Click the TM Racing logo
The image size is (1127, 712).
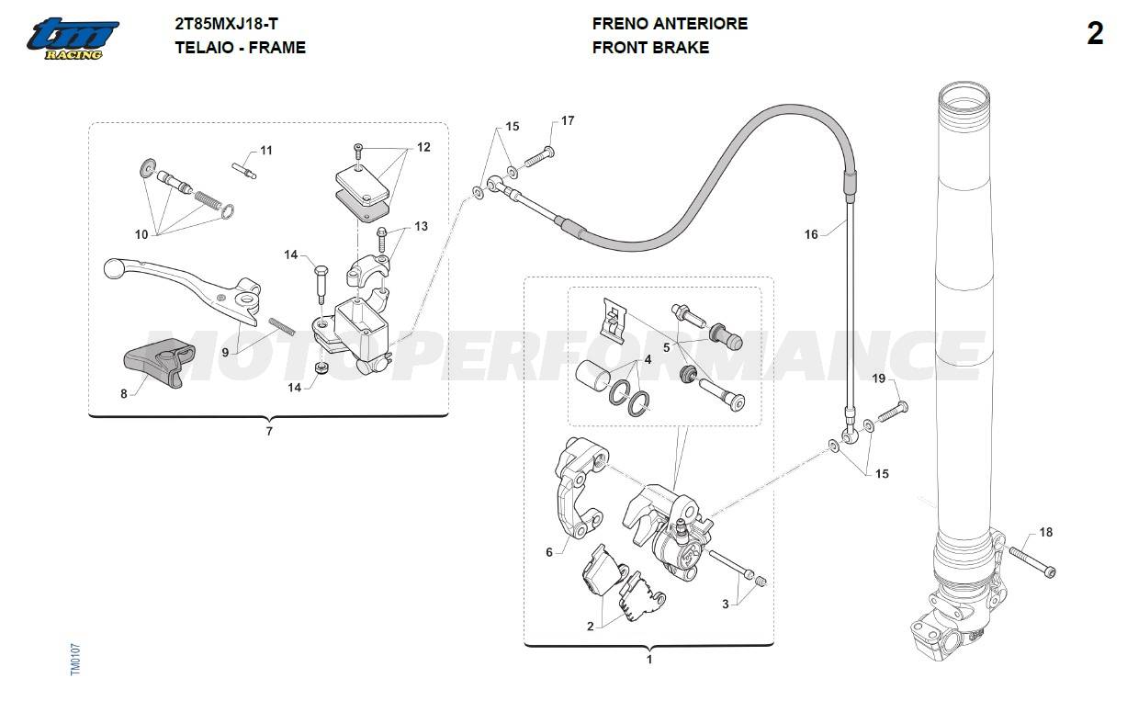(x=73, y=39)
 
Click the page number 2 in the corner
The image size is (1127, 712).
(x=1095, y=35)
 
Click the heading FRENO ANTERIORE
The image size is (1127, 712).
(x=670, y=24)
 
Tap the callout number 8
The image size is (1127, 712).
(x=124, y=394)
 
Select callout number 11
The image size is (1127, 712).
(x=266, y=150)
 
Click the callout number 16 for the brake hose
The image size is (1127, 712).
(x=811, y=234)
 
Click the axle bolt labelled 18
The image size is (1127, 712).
(x=1032, y=561)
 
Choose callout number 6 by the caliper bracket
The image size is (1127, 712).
(x=549, y=552)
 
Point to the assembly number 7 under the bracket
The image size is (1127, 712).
(x=269, y=431)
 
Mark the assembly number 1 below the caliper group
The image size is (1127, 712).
(x=649, y=659)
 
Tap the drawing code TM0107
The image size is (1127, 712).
(x=76, y=660)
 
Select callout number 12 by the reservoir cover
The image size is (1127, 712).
(x=423, y=147)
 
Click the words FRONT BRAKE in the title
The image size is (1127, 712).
(x=650, y=48)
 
